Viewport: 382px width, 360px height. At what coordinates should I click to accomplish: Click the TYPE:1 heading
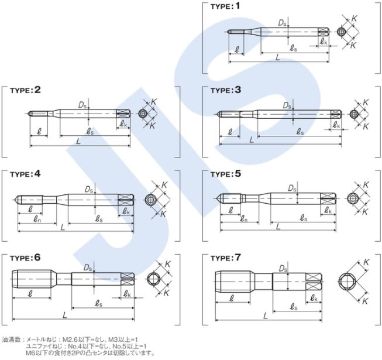point(225,6)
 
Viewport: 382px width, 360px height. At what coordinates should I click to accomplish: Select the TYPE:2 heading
point(25,90)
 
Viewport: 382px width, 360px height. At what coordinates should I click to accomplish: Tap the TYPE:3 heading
point(226,90)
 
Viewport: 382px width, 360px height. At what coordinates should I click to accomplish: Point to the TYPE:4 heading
point(25,174)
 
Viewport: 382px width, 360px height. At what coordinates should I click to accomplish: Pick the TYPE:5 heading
point(226,174)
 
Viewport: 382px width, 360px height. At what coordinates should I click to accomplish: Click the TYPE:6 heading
point(25,258)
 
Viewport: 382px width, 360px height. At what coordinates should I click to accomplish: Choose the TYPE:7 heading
point(226,258)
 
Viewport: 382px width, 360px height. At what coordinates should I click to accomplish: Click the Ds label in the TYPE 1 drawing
point(282,23)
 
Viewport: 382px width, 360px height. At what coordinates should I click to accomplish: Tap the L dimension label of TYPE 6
point(65,315)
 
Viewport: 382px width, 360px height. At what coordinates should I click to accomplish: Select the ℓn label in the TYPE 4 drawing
point(36,220)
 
